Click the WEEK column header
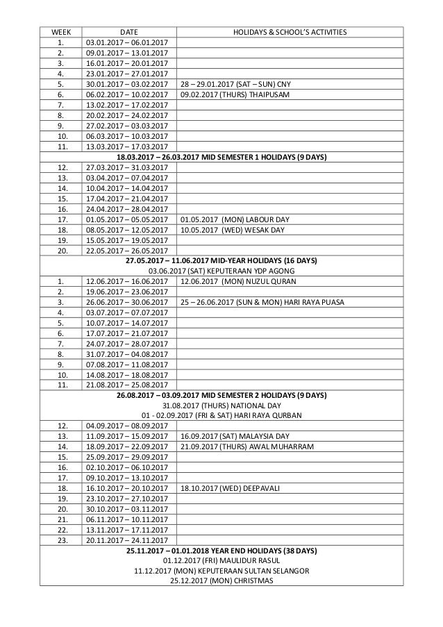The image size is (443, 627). (x=59, y=32)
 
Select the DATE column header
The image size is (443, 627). (x=128, y=32)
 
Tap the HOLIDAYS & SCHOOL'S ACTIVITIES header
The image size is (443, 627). (x=290, y=32)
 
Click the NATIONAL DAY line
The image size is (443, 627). (x=221, y=406)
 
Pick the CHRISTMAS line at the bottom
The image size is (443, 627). (x=221, y=581)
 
